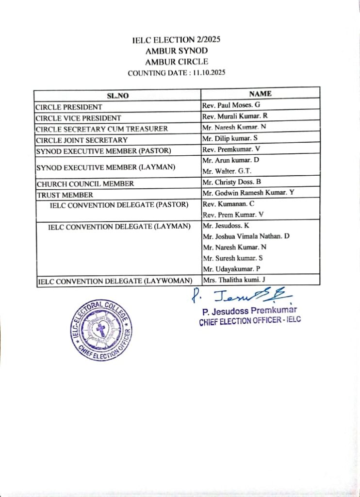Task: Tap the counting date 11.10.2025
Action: [209, 73]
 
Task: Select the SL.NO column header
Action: [117, 96]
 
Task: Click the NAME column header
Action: [260, 94]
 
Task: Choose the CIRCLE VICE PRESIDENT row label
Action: [79, 118]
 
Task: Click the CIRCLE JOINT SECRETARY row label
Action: [82, 140]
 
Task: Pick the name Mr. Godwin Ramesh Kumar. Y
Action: [248, 193]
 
